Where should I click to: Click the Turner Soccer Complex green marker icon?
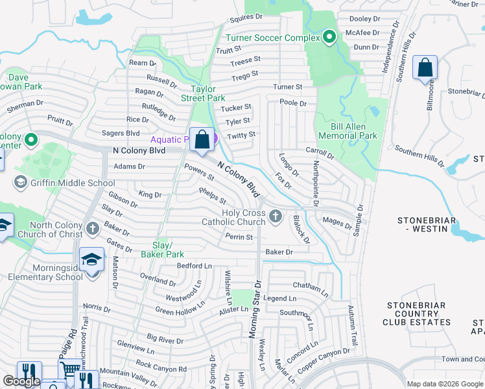coord(329,38)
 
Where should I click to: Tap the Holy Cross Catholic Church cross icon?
coord(276,215)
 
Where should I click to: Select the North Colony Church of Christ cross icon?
coord(93,228)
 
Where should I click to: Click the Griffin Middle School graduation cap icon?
coord(20,183)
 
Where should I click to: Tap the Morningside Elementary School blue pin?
coord(92,261)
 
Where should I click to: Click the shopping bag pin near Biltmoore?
coord(425,67)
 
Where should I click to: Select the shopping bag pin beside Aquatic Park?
coord(202,139)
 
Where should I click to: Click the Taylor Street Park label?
coord(207,93)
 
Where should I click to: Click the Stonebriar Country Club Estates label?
coord(417,313)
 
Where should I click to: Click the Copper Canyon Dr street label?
coord(324,361)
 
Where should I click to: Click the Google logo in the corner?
coord(21,381)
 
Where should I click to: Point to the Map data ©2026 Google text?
coord(445,384)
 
